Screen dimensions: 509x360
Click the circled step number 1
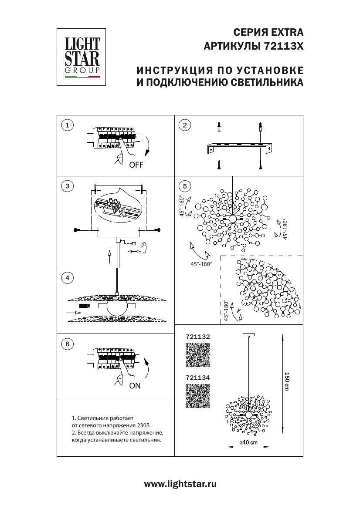(67, 126)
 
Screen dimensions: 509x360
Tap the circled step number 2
(185, 126)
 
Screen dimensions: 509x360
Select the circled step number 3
(67, 186)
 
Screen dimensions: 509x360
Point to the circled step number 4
(67, 277)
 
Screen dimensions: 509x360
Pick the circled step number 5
(185, 186)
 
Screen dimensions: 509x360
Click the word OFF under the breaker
(136, 165)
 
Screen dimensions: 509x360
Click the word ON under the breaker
(135, 385)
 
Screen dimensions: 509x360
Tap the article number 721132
(198, 337)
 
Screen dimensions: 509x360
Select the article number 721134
(198, 378)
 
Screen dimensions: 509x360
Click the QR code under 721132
(198, 355)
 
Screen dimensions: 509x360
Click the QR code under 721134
(198, 396)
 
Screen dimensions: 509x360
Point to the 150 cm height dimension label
(287, 381)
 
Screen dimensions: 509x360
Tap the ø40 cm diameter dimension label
(248, 442)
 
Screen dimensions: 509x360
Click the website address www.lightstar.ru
(180, 484)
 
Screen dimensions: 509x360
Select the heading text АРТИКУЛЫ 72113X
(254, 46)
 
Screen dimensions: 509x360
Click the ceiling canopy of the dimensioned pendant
(249, 334)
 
